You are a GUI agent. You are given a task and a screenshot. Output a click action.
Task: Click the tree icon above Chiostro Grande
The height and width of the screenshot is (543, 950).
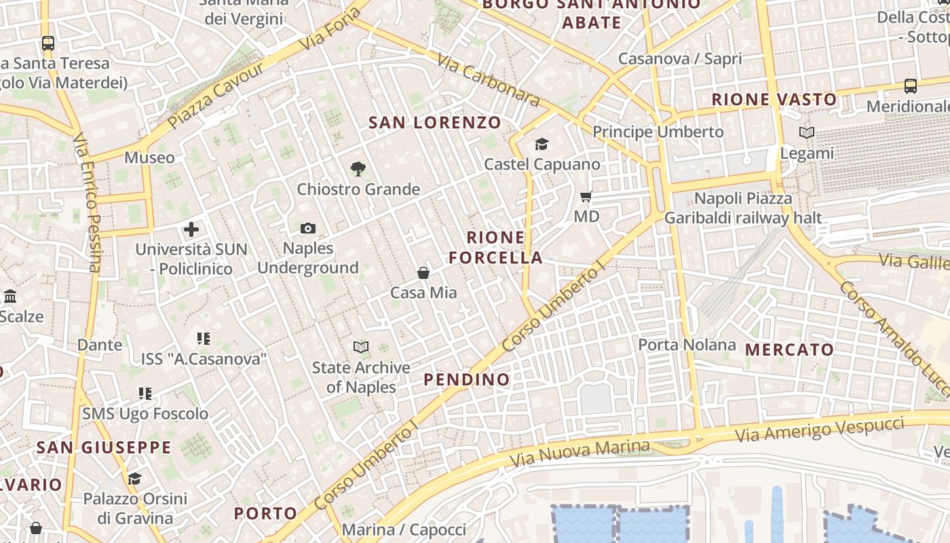[358, 169]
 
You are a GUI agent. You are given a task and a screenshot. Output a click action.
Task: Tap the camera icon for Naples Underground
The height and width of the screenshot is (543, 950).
[307, 229]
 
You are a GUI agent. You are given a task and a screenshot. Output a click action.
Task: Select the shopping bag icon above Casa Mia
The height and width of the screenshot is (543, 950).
[423, 273]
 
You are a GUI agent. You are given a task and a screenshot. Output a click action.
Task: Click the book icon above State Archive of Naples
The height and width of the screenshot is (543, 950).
[361, 348]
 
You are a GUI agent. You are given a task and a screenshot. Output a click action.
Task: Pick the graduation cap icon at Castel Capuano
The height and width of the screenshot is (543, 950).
[541, 144]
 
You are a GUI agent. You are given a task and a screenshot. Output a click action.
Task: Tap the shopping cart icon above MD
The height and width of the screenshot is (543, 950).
[586, 197]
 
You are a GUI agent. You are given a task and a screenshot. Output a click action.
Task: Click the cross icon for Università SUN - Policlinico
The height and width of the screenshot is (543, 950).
[191, 229]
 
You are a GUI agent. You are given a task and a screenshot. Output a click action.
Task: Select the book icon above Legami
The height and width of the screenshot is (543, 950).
[806, 133]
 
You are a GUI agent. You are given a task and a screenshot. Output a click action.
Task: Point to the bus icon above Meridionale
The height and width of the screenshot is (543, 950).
[911, 86]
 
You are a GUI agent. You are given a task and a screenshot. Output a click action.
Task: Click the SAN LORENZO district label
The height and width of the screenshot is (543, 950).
[434, 123]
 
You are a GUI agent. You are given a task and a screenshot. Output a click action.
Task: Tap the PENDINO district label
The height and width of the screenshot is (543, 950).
[467, 380]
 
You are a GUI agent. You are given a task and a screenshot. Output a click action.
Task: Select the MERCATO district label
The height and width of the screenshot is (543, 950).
[789, 350]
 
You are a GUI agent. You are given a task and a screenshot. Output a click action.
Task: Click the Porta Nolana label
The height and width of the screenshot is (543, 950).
[687, 345]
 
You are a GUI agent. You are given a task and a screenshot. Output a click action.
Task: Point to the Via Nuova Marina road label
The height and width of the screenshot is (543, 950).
[579, 453]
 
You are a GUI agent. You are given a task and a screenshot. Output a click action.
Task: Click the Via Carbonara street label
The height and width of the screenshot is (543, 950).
[488, 80]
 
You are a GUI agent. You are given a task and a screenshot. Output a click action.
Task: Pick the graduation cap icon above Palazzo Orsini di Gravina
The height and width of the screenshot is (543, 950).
[134, 479]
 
